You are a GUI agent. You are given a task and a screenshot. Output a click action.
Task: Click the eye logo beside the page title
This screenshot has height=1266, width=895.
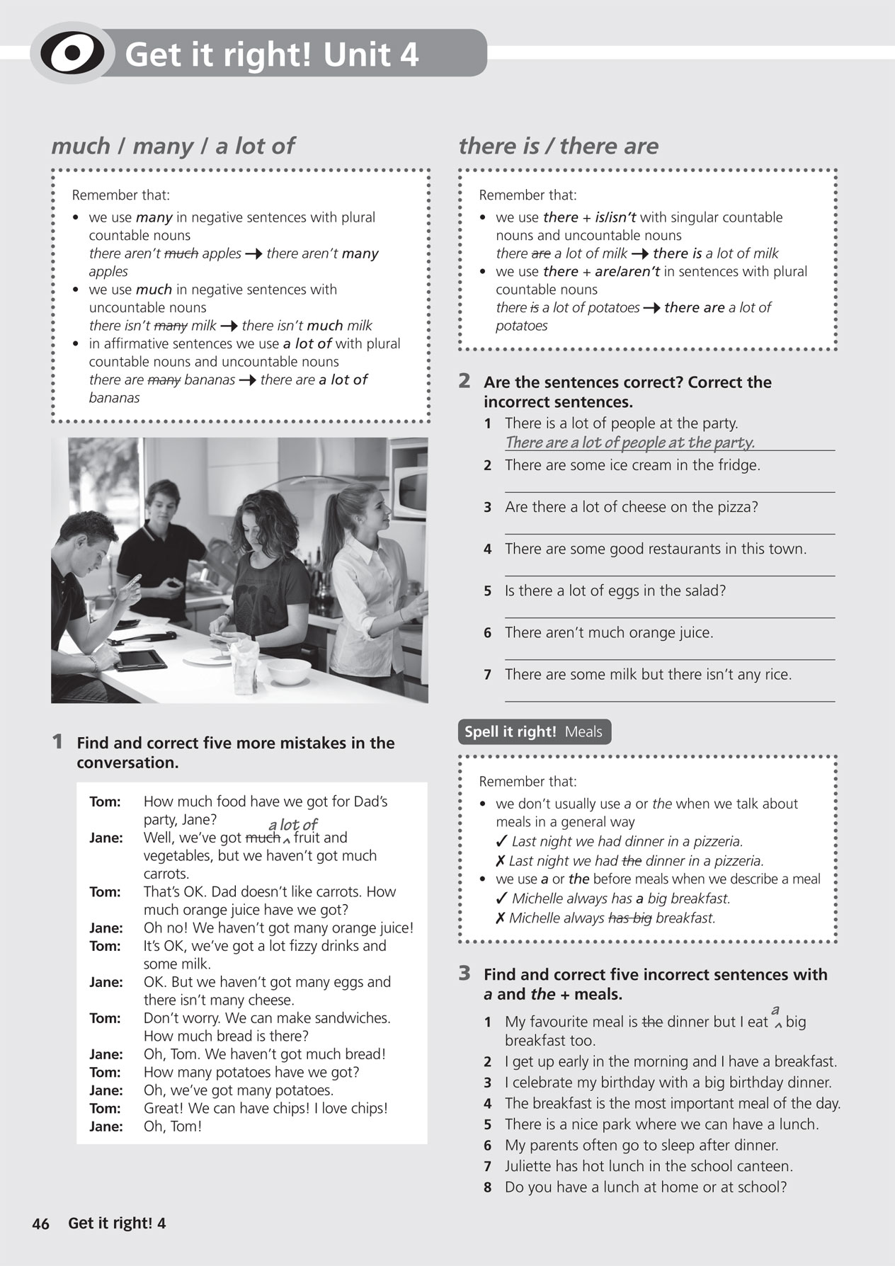point(72,53)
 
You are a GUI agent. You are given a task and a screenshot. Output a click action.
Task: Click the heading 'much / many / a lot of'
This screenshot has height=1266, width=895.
point(172,146)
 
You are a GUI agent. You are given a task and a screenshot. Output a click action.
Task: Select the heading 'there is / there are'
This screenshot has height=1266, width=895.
point(558,146)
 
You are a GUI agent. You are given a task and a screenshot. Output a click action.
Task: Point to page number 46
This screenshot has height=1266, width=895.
point(41,1224)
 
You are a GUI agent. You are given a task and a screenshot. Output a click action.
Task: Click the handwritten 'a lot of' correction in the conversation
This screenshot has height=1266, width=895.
point(292,825)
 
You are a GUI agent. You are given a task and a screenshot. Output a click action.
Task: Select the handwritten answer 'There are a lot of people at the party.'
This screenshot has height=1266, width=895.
point(629,443)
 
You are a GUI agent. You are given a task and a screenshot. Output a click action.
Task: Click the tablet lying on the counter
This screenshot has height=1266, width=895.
point(142,660)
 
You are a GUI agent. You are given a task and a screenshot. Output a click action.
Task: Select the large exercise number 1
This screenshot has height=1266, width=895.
point(57,742)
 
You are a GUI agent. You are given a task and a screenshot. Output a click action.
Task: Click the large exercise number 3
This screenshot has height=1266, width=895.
point(464,974)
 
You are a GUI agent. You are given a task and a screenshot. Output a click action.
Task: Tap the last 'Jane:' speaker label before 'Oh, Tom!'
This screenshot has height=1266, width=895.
point(106,1127)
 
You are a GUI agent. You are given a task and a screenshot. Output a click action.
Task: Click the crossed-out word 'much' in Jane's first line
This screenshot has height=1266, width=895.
point(262,838)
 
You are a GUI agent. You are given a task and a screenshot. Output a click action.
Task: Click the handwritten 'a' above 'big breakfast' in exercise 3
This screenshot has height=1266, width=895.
point(775,1010)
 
